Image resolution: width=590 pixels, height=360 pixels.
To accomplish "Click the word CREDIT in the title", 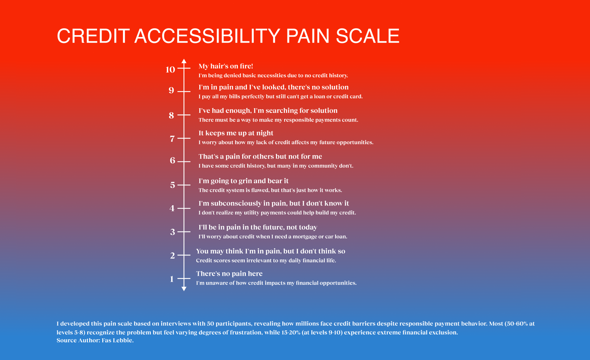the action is pyautogui.click(x=93, y=36).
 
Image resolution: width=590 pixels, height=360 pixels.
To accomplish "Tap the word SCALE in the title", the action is pyautogui.click(x=367, y=36).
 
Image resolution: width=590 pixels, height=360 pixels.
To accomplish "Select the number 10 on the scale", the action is pyautogui.click(x=170, y=70).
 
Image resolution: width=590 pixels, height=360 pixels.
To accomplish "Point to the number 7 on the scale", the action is pyautogui.click(x=172, y=139).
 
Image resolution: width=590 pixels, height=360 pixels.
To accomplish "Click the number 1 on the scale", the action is pyautogui.click(x=172, y=279).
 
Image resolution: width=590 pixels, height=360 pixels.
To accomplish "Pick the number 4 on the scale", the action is pyautogui.click(x=172, y=208).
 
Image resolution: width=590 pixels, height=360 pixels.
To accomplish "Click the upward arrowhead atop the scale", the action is pyautogui.click(x=184, y=61).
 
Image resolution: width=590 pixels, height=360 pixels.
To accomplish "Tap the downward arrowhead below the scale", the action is pyautogui.click(x=184, y=289).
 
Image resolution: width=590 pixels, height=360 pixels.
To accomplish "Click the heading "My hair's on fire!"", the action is pyautogui.click(x=226, y=66).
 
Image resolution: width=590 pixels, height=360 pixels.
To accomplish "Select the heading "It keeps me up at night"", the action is pyautogui.click(x=236, y=133).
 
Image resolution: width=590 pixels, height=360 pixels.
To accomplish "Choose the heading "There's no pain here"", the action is pyautogui.click(x=229, y=274).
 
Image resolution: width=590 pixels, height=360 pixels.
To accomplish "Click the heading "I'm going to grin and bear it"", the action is pyautogui.click(x=244, y=181).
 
